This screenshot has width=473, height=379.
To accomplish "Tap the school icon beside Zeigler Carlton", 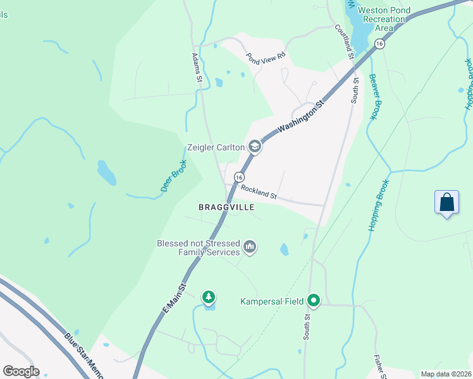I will tap(255, 147).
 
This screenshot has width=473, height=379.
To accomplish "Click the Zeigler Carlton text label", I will tap(216, 147).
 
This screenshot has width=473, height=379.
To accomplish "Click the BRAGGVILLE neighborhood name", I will tap(226, 207).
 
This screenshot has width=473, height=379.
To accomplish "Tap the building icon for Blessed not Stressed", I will tap(250, 246).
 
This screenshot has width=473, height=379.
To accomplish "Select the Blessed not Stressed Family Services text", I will tap(199, 247).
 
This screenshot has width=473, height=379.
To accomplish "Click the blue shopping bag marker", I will tap(447, 203).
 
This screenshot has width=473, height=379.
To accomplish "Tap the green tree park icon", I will tap(208, 297).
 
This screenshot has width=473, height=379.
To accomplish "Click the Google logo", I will tap(21, 371).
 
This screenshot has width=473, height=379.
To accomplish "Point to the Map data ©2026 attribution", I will tap(446, 374).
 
